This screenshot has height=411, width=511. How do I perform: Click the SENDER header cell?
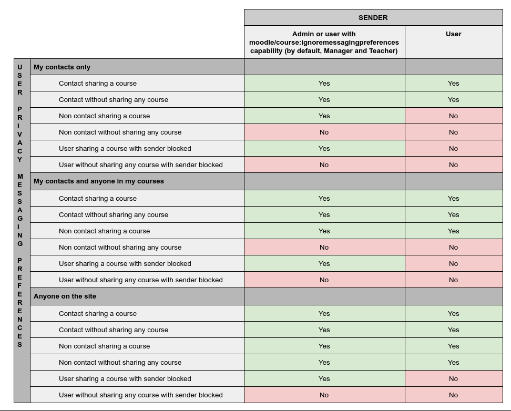point(373,17)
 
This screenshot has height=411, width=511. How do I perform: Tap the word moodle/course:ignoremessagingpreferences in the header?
point(324,43)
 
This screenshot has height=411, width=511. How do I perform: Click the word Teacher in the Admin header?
point(383,51)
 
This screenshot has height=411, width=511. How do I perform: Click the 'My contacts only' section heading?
point(62,67)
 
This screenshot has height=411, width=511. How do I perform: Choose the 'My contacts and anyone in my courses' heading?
point(99,181)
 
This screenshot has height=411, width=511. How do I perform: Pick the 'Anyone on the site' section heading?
point(65,296)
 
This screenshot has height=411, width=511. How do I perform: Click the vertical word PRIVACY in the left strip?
point(20,134)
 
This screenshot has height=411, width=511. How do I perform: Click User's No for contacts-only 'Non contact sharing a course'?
point(453,116)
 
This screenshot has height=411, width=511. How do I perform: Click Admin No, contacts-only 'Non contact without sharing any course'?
point(324,132)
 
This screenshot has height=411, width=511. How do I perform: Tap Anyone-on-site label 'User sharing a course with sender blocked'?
point(125,379)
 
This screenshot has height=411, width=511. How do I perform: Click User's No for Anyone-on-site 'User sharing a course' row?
point(453,379)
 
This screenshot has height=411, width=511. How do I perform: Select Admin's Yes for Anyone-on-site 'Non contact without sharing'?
point(324,363)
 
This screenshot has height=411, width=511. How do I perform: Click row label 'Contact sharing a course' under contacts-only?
point(98,84)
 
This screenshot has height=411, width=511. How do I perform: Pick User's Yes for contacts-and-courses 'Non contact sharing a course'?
point(453,231)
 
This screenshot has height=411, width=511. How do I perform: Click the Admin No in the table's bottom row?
point(324,395)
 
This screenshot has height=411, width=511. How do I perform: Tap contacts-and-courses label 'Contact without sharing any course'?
point(114,215)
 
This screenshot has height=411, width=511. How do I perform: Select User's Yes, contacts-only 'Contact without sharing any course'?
point(453,100)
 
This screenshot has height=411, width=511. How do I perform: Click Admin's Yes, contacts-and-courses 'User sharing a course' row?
point(324,264)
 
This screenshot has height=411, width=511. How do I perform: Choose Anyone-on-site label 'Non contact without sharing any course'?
point(120,363)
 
